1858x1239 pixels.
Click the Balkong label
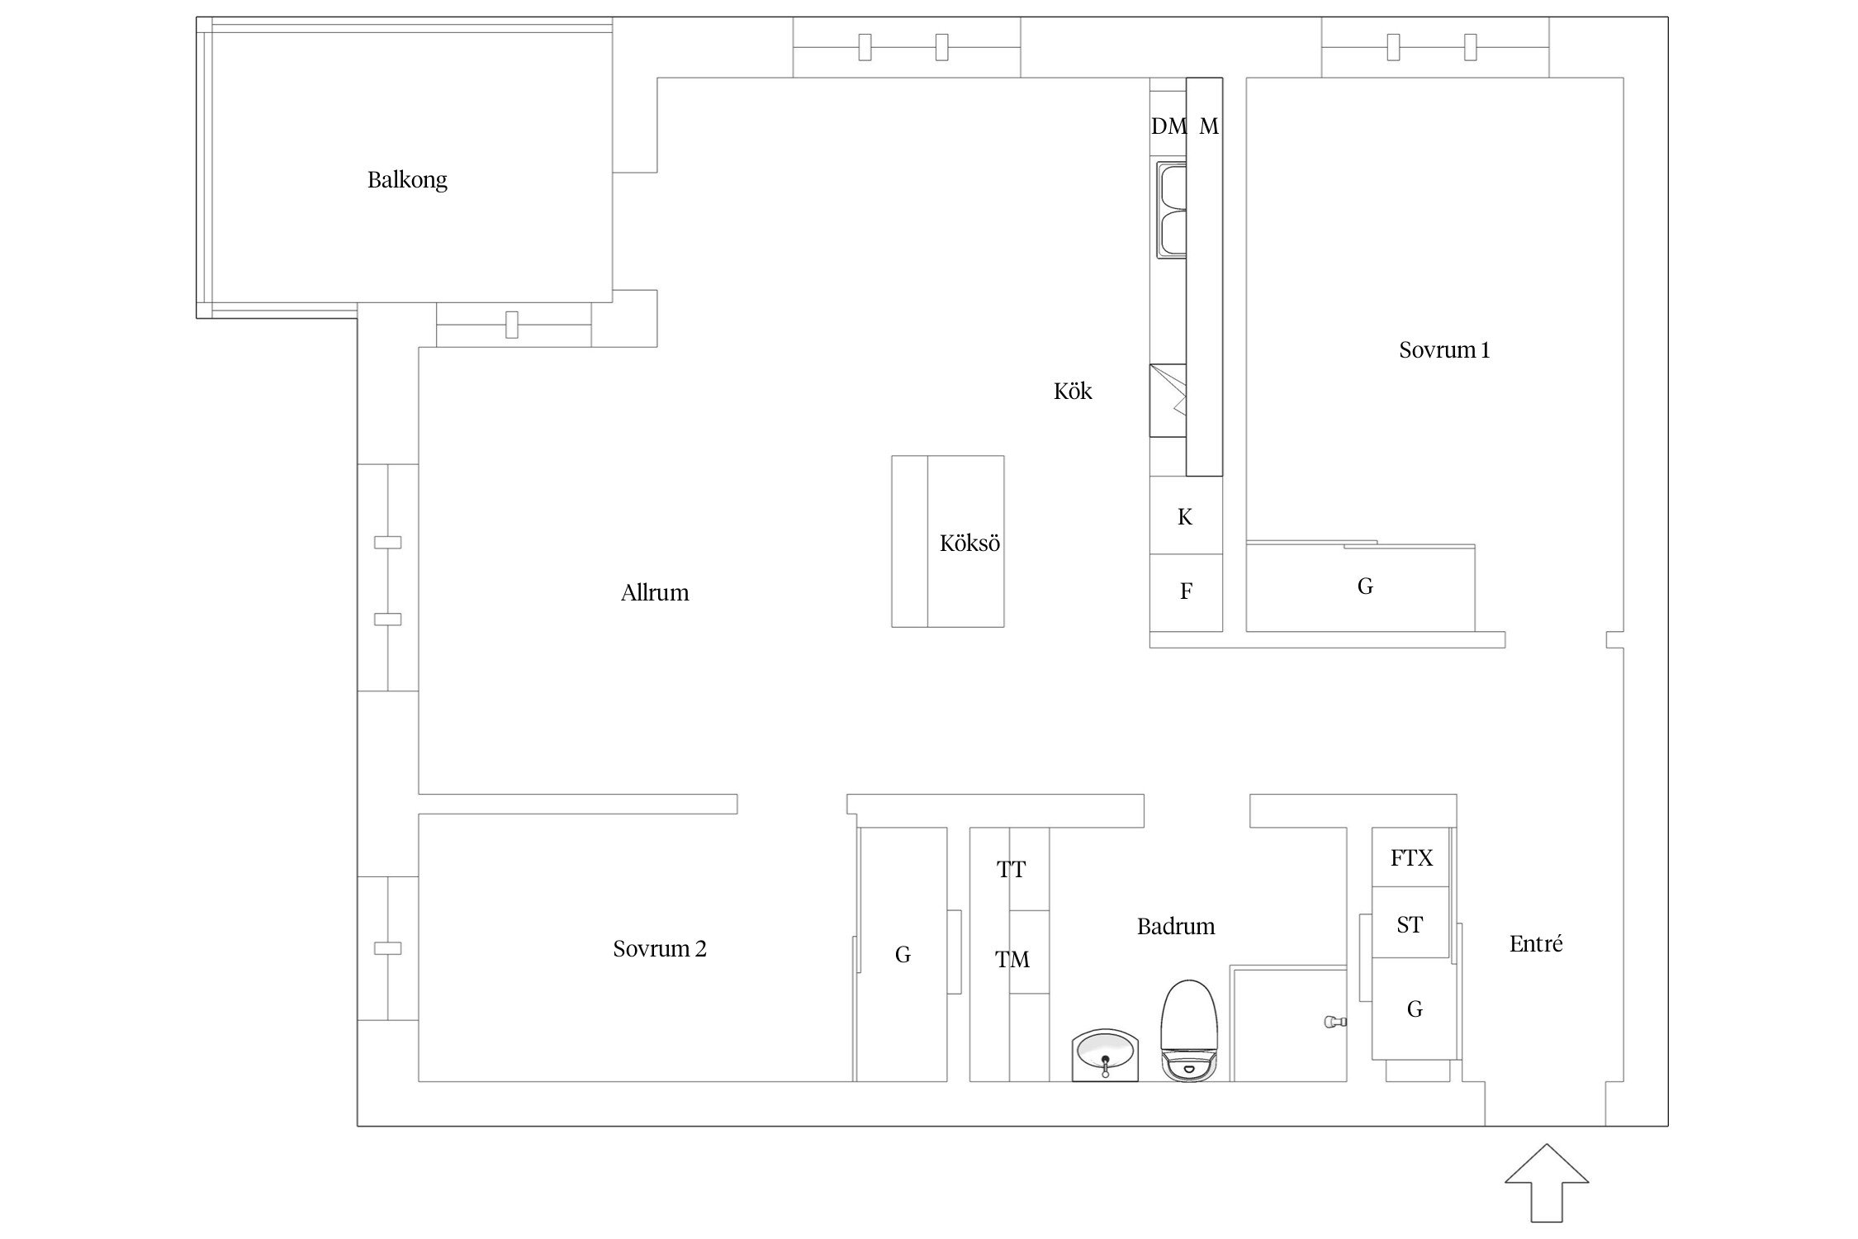407,180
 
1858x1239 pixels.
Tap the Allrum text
655,592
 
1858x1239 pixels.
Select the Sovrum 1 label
1444,350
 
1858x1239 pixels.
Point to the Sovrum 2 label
660,948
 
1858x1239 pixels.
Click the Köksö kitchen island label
969,543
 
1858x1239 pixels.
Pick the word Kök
1073,391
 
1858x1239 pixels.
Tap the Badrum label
1176,926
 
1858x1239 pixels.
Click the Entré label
1536,943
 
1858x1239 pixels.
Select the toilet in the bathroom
1190,1031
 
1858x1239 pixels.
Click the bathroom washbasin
1105,1055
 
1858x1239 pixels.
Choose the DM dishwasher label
1168,126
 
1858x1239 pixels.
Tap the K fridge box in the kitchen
1186,515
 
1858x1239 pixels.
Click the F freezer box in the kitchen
1186,592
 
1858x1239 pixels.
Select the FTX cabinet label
1411,857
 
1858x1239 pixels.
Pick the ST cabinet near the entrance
1410,923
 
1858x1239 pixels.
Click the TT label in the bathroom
1011,869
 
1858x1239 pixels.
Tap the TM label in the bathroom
1012,959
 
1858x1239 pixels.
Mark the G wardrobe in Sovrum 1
1361,587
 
